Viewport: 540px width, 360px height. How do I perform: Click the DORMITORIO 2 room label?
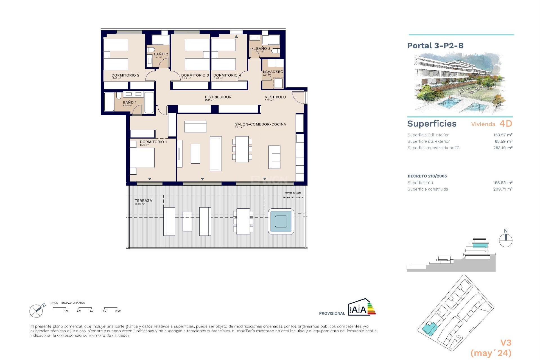pyautogui.click(x=125, y=75)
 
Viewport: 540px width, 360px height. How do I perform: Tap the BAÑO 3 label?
pyautogui.click(x=263, y=49)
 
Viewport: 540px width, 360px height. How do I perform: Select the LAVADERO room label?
pyautogui.click(x=273, y=72)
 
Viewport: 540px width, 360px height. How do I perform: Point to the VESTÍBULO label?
pyautogui.click(x=275, y=97)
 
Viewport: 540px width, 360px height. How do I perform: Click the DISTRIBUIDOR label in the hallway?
pyautogui.click(x=218, y=97)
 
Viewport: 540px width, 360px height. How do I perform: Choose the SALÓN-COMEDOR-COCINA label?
pyautogui.click(x=260, y=124)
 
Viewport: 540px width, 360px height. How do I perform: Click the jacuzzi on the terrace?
pyautogui.click(x=281, y=221)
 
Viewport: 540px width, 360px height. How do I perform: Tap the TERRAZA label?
pyautogui.click(x=143, y=201)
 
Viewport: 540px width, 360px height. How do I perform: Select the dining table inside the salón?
pyautogui.click(x=242, y=149)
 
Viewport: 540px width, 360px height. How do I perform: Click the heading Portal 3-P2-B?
pyautogui.click(x=435, y=46)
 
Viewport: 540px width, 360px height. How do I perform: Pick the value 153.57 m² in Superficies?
pyautogui.click(x=503, y=135)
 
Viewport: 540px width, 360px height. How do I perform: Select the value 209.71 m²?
pyautogui.click(x=503, y=189)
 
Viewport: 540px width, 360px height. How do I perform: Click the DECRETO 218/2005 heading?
pyautogui.click(x=427, y=176)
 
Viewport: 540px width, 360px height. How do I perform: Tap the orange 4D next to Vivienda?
pyautogui.click(x=506, y=124)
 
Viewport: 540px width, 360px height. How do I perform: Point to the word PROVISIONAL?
pyautogui.click(x=332, y=313)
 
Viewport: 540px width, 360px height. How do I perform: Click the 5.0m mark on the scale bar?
pyautogui.click(x=118, y=310)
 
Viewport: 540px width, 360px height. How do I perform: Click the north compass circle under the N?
pyautogui.click(x=505, y=240)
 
